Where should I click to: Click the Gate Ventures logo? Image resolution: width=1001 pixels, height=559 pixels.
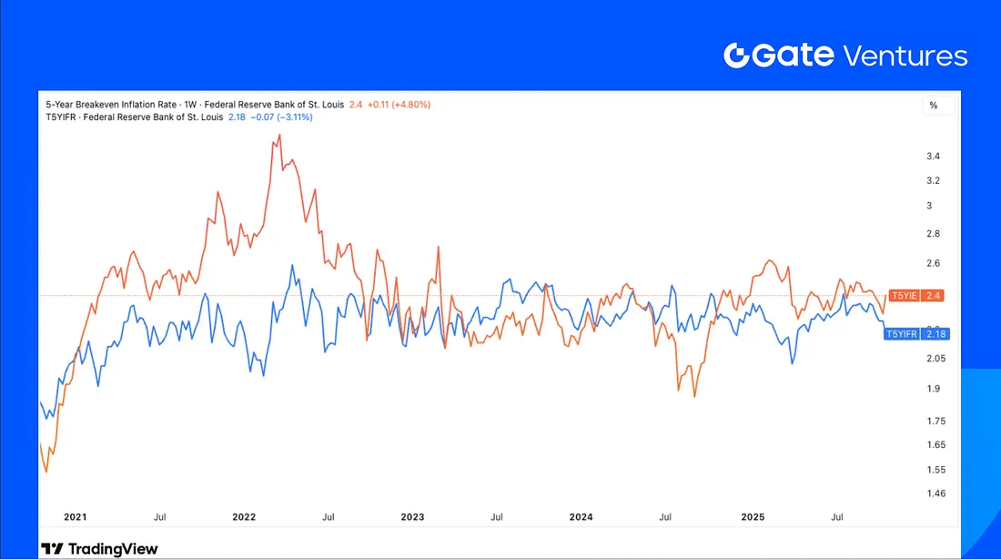pos(845,56)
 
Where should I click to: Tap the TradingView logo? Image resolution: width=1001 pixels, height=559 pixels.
pos(99,549)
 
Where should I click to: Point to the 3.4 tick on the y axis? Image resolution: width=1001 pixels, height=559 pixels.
pos(933,157)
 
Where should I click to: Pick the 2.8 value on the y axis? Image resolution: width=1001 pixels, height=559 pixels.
pos(933,235)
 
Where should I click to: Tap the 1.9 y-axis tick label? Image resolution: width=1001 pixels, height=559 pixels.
pos(933,389)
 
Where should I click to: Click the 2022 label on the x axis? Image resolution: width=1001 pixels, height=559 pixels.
pos(244,517)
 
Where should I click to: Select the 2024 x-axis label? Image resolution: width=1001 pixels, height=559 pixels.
pos(581,517)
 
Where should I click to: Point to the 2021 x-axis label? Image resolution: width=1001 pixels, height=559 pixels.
pos(76,517)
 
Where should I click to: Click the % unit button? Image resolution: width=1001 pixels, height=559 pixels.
pos(933,106)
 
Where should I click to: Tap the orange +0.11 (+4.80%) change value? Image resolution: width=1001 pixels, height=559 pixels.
pos(398,105)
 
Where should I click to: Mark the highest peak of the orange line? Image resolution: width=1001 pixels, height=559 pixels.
pos(278,135)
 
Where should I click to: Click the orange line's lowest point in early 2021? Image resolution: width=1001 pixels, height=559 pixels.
pos(45,472)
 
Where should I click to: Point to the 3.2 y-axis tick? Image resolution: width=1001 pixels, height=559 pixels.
pos(933,180)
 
